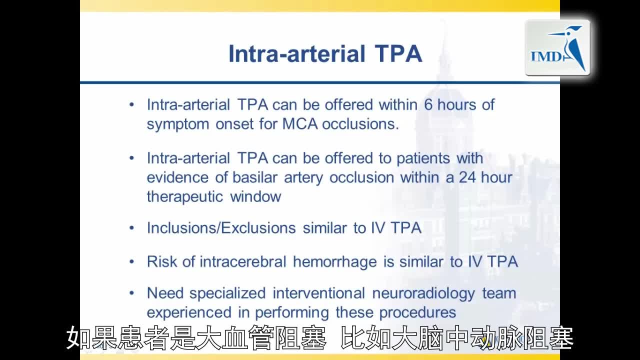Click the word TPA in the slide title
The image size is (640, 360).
(398, 53)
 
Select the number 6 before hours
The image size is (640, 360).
(428, 104)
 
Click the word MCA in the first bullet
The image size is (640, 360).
(300, 124)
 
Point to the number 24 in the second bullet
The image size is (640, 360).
(467, 177)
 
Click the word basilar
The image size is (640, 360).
(255, 177)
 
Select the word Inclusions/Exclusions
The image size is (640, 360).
(221, 228)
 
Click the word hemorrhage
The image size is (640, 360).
(335, 262)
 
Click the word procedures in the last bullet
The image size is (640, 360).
(417, 312)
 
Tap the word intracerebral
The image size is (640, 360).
(243, 261)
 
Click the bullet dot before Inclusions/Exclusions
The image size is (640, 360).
(131, 228)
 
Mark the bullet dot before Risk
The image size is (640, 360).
(131, 261)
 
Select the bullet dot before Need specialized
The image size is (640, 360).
(131, 293)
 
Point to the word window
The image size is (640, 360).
(255, 197)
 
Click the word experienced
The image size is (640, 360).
(189, 313)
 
